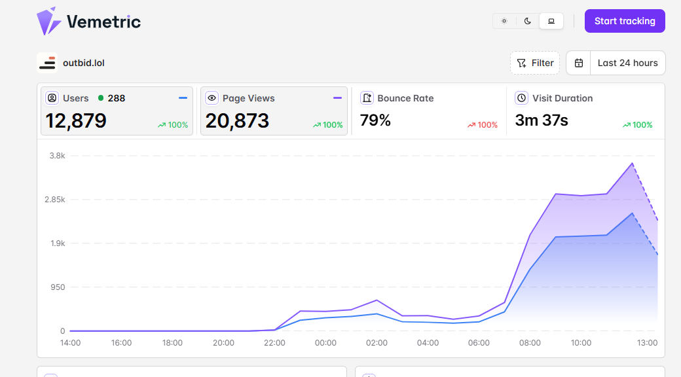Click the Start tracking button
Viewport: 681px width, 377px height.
point(625,21)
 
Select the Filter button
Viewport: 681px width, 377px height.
point(534,63)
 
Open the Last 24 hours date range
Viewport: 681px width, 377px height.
point(627,63)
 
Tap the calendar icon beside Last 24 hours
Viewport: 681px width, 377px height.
point(578,63)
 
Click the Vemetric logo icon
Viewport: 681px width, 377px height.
point(48,21)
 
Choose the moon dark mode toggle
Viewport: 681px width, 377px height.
point(527,21)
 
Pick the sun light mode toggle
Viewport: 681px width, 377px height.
point(504,21)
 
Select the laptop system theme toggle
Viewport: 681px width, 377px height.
point(551,21)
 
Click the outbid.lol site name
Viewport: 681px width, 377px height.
point(84,63)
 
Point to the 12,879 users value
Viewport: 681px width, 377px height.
point(76,120)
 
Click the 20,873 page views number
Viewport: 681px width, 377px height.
point(237,120)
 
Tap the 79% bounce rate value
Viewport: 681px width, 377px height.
point(375,120)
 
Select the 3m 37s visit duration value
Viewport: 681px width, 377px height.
point(542,120)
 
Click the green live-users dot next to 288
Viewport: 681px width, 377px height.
point(101,98)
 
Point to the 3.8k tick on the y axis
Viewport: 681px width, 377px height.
point(58,156)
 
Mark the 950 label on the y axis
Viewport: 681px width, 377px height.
point(58,287)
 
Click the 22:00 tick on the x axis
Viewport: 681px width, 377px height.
point(274,343)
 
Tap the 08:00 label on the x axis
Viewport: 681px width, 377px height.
point(530,343)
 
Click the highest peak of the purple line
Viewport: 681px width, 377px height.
point(633,164)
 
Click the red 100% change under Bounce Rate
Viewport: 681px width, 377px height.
point(483,125)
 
